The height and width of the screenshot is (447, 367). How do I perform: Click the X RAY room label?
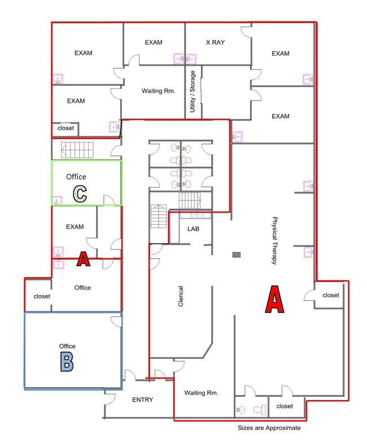(x=215, y=42)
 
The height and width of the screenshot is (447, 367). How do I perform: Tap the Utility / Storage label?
(x=193, y=92)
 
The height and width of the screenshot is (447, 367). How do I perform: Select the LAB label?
(x=193, y=229)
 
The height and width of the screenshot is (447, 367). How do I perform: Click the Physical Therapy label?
(x=274, y=241)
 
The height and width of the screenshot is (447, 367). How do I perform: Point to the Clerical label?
(x=181, y=296)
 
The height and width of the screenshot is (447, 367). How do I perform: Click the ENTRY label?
(x=142, y=400)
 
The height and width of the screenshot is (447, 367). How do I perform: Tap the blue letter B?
(x=67, y=362)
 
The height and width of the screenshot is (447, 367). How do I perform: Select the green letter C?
(x=80, y=194)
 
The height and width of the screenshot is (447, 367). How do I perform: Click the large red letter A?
(x=274, y=299)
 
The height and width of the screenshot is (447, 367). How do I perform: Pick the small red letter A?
(x=83, y=259)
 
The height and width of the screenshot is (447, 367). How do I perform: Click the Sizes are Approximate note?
(x=269, y=428)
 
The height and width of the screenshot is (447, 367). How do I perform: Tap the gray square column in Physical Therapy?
(x=237, y=254)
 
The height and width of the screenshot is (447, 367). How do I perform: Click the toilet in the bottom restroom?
(x=260, y=410)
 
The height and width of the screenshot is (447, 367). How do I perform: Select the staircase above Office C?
(x=77, y=150)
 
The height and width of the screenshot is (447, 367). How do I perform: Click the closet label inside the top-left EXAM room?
(x=65, y=128)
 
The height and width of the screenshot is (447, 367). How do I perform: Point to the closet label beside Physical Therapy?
(x=331, y=295)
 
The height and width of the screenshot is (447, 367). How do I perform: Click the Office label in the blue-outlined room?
(x=67, y=346)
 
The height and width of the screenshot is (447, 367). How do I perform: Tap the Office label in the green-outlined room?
(x=76, y=177)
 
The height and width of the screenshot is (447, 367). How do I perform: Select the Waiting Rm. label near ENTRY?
(x=201, y=393)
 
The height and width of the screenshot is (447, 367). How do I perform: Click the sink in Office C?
(x=57, y=201)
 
